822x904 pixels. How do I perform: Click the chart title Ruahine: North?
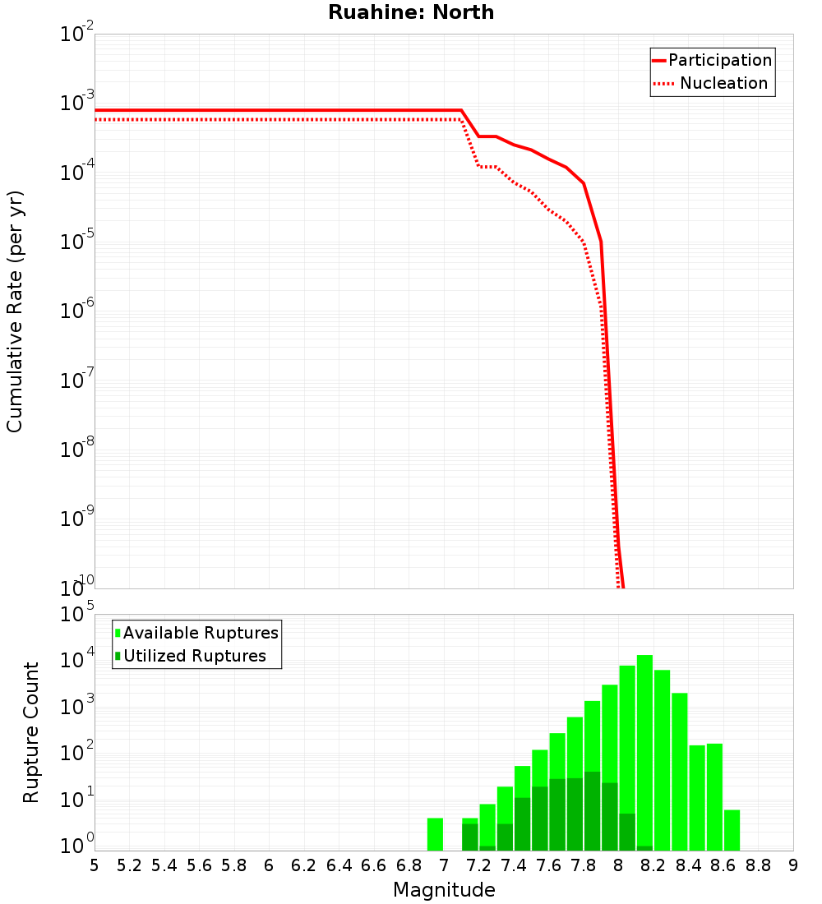pos(411,12)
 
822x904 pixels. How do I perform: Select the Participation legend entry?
pos(719,60)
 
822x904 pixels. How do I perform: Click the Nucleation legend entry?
pos(723,83)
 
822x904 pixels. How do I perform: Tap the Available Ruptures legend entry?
pos(201,633)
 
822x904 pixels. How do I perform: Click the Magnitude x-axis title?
pos(444,890)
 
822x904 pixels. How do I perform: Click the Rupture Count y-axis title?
pos(31,731)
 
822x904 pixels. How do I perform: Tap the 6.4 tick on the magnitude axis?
pos(339,865)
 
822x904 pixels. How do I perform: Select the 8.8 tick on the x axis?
pos(758,865)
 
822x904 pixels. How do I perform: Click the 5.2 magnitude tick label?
pos(129,865)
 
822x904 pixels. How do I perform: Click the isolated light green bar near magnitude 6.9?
pos(435,834)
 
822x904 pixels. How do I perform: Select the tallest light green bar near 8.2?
pos(644,752)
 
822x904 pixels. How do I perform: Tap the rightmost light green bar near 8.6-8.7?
pos(732,830)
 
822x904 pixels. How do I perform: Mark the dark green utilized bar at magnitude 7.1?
pos(469,837)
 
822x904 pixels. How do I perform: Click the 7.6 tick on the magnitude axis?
pos(548,865)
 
